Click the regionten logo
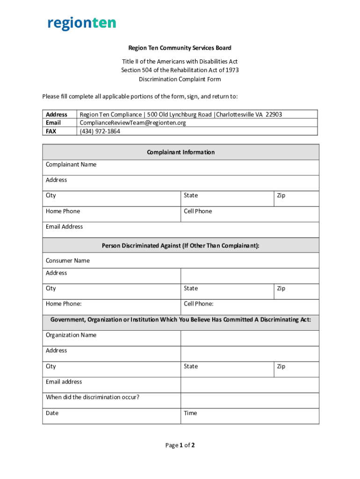[x=82, y=23]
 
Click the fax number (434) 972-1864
[x=100, y=131]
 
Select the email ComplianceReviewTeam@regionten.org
[x=133, y=123]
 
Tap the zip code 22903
[x=274, y=115]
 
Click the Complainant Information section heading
[x=180, y=152]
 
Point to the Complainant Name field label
[x=71, y=165]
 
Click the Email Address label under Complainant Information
[x=65, y=227]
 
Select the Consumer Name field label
[x=68, y=261]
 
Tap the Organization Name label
[x=71, y=335]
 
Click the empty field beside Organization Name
[x=250, y=338]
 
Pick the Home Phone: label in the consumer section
[x=64, y=304]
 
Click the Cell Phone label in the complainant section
[x=198, y=211]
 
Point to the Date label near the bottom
[x=52, y=414]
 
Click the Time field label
[x=190, y=414]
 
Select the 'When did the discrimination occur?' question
[x=93, y=398]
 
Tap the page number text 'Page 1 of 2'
[x=180, y=445]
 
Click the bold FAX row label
[x=51, y=131]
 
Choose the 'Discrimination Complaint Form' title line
[x=180, y=79]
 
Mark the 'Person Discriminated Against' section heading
[x=180, y=246]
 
